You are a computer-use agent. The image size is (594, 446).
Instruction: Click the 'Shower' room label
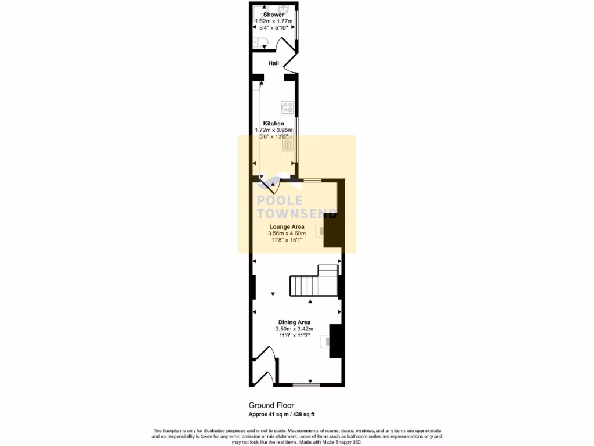click(273, 15)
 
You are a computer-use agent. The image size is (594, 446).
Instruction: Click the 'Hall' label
click(274, 63)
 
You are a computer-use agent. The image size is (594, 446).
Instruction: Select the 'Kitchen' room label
click(274, 124)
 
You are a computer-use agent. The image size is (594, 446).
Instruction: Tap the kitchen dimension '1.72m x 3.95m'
click(274, 130)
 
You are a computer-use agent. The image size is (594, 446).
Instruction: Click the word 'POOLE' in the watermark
click(280, 200)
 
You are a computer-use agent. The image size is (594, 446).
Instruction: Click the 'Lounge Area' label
click(287, 227)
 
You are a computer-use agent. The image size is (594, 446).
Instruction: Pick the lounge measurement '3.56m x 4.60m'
click(287, 233)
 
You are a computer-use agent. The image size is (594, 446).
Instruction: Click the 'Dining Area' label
click(294, 322)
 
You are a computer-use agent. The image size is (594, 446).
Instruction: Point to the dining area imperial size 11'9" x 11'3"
click(294, 336)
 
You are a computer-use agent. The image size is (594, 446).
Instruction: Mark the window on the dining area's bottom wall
click(306, 384)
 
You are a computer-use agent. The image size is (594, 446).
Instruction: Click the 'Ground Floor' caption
click(271, 405)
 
